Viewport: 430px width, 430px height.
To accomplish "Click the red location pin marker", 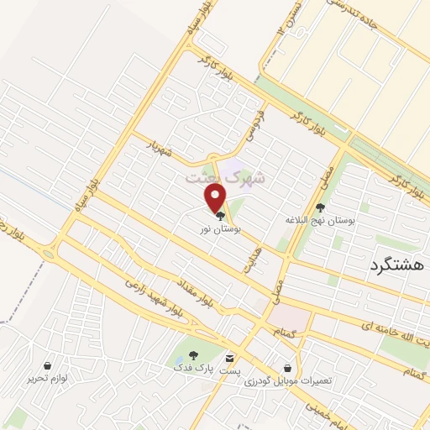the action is click(217, 198).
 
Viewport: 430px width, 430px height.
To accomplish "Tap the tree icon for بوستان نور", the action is click(220, 216).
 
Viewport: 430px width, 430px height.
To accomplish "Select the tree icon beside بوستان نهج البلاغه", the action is click(320, 207).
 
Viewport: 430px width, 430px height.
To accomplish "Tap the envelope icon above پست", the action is click(230, 357).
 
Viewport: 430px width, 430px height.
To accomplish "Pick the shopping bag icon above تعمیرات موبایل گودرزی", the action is click(289, 368).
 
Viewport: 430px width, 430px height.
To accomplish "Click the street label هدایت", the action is click(248, 257).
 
